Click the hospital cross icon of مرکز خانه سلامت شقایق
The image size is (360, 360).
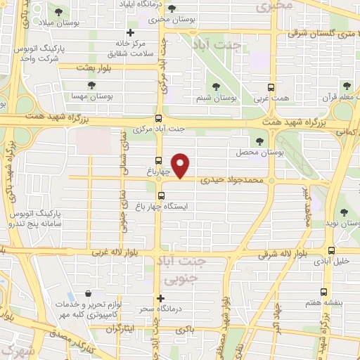tap(129, 33)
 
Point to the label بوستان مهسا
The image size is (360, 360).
tap(89, 95)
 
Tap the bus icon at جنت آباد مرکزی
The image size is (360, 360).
tap(158, 119)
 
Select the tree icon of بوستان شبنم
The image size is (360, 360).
tap(236, 86)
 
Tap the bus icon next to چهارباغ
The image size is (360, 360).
tap(159, 160)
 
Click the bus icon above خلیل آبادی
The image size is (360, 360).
tap(331, 250)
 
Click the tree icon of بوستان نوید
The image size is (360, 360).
tap(343, 212)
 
